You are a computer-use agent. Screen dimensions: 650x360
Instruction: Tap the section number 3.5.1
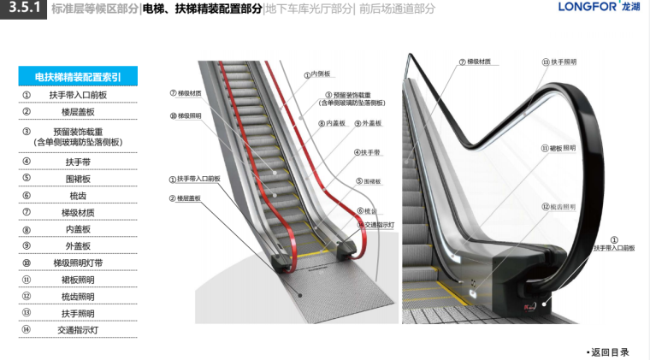(x=21, y=9)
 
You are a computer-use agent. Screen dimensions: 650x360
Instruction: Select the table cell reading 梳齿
(x=77, y=196)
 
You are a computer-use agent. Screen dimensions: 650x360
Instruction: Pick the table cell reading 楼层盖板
(x=77, y=112)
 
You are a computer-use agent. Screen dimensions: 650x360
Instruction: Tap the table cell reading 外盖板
(x=77, y=246)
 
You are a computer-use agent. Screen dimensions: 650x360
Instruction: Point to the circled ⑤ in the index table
(x=27, y=179)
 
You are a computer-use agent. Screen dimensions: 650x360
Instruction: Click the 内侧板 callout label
(x=318, y=74)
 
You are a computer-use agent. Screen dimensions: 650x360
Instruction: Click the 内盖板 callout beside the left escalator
(x=333, y=124)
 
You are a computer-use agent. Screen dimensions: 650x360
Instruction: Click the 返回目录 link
(x=610, y=351)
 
